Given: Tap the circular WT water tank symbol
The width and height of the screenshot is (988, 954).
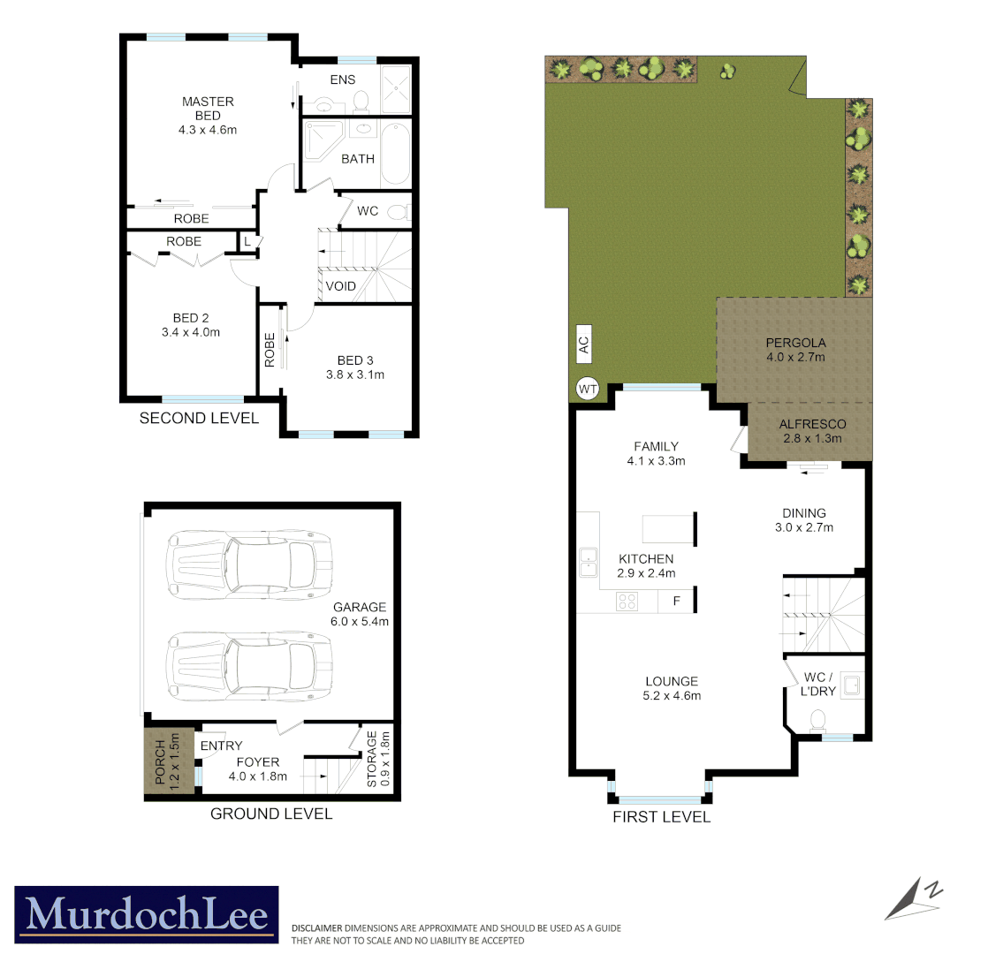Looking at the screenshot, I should click(588, 388).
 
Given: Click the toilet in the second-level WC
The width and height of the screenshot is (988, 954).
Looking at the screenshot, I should click(399, 212).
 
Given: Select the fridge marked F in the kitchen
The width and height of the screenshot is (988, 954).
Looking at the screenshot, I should click(676, 602).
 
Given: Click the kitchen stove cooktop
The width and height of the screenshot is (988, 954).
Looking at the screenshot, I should click(628, 602).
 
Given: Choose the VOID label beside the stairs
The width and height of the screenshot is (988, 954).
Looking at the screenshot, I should click(340, 286).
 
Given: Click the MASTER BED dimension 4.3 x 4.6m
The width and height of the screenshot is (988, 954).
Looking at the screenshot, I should click(208, 130).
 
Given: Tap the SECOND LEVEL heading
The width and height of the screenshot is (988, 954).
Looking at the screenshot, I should click(199, 418).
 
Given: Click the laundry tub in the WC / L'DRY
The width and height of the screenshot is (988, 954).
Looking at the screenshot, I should click(851, 685).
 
